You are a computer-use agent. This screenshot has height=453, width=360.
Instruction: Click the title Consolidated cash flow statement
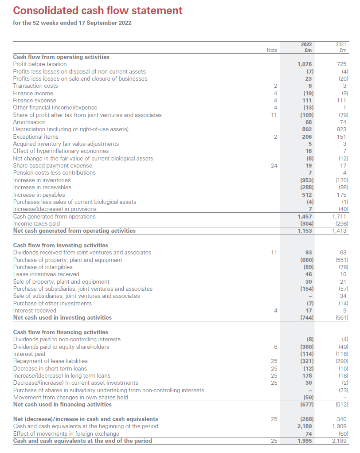[98, 10]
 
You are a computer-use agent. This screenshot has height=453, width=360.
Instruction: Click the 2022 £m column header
[306, 47]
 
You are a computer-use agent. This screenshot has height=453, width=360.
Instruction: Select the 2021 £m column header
[341, 47]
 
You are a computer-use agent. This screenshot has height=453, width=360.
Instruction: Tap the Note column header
[272, 50]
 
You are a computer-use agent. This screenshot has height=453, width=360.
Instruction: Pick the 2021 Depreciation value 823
[342, 129]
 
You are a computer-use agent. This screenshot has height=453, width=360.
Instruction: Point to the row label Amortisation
[29, 122]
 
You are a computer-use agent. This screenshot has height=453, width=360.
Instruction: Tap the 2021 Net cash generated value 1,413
[340, 230]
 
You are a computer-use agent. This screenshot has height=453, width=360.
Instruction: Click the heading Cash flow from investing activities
[61, 245]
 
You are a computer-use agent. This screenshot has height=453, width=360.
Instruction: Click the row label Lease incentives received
[46, 274]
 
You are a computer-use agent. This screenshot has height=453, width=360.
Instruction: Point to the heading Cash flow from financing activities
[61, 332]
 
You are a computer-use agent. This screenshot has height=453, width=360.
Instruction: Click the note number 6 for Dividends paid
[275, 347]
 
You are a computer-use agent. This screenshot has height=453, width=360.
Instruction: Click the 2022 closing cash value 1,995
[305, 441]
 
